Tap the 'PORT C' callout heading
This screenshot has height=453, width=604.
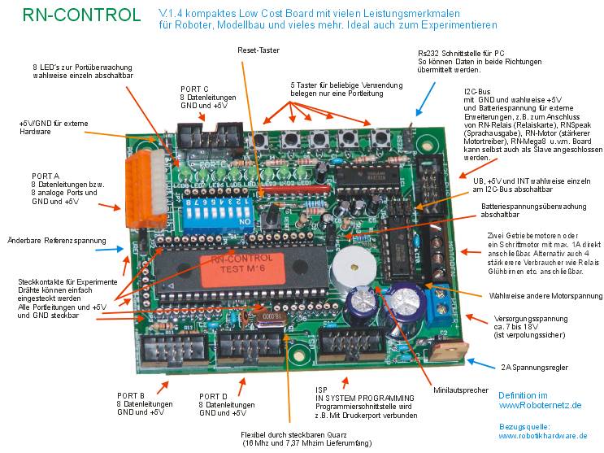pyautogui.click(x=195, y=89)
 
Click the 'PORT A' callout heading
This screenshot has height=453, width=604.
pyautogui.click(x=46, y=175)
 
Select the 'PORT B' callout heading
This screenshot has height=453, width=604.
pyautogui.click(x=130, y=395)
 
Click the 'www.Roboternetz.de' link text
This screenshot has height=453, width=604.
pyautogui.click(x=540, y=403)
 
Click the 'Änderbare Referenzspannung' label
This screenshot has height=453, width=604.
pyautogui.click(x=57, y=240)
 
